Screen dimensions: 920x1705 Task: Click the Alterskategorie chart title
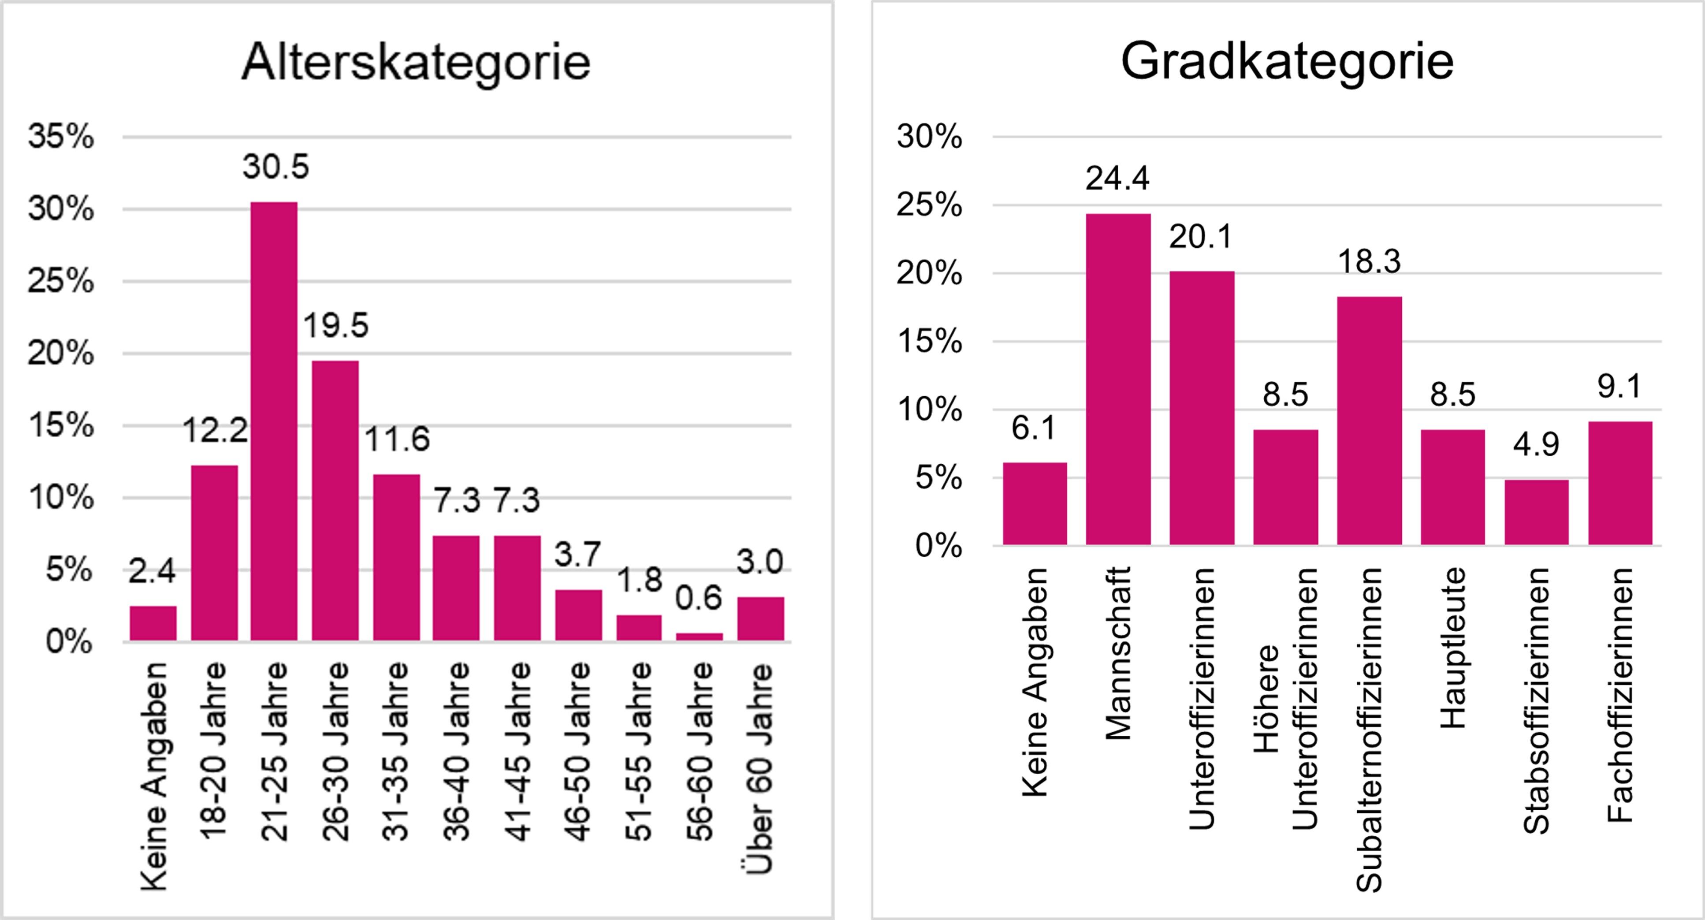point(416,63)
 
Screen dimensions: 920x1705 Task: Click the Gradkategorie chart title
point(1287,62)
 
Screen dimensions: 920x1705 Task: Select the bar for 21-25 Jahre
point(274,421)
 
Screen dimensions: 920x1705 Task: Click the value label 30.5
point(275,168)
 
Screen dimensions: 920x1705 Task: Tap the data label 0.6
point(699,598)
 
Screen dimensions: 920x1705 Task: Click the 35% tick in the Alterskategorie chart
point(61,138)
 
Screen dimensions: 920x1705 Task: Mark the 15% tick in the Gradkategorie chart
point(929,342)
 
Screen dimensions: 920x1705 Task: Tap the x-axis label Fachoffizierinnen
point(1619,696)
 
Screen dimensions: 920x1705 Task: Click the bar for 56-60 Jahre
point(699,637)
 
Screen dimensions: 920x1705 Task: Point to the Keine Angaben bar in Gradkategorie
point(1035,504)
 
